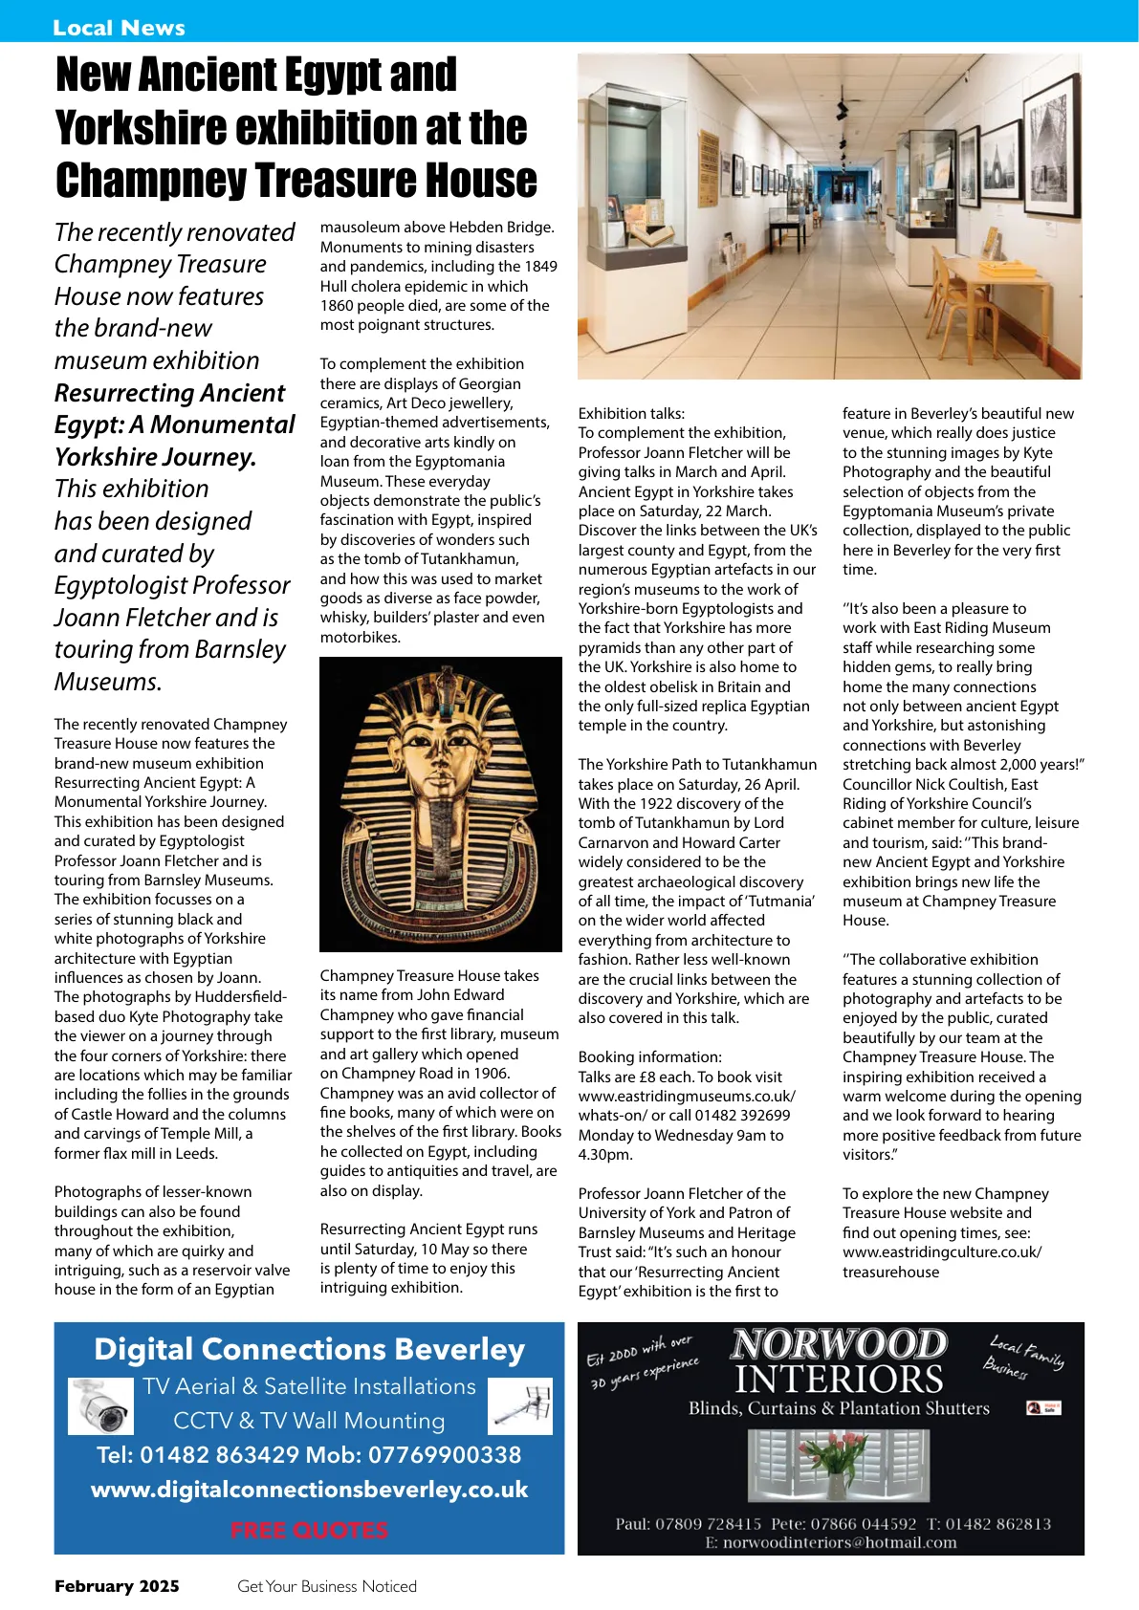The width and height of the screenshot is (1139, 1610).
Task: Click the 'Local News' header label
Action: coord(119,28)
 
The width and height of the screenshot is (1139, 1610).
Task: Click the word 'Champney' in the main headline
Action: coord(150,180)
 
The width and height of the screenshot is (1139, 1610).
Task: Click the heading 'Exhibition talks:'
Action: coord(631,413)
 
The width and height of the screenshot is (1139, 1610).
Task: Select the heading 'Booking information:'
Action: coord(649,1056)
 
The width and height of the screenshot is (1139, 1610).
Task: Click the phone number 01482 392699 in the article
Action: coord(742,1115)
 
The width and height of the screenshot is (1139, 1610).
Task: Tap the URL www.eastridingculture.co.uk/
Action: coord(941,1251)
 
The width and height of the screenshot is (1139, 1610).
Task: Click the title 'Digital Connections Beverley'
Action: coord(309,1349)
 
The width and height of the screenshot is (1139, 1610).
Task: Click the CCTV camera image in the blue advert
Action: coord(100,1406)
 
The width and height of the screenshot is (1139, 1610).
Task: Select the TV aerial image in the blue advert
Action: coord(520,1406)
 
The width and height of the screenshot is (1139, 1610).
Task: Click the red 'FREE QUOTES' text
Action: coord(309,1531)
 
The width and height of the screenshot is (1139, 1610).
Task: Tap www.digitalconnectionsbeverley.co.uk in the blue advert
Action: coord(309,1490)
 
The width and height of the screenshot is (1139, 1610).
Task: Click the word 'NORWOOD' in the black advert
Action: coord(839,1344)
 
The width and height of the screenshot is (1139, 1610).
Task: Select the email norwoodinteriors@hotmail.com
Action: coord(839,1542)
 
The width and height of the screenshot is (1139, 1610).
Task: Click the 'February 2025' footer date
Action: coord(117,1586)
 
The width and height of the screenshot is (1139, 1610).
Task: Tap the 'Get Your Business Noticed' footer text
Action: coord(327,1586)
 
